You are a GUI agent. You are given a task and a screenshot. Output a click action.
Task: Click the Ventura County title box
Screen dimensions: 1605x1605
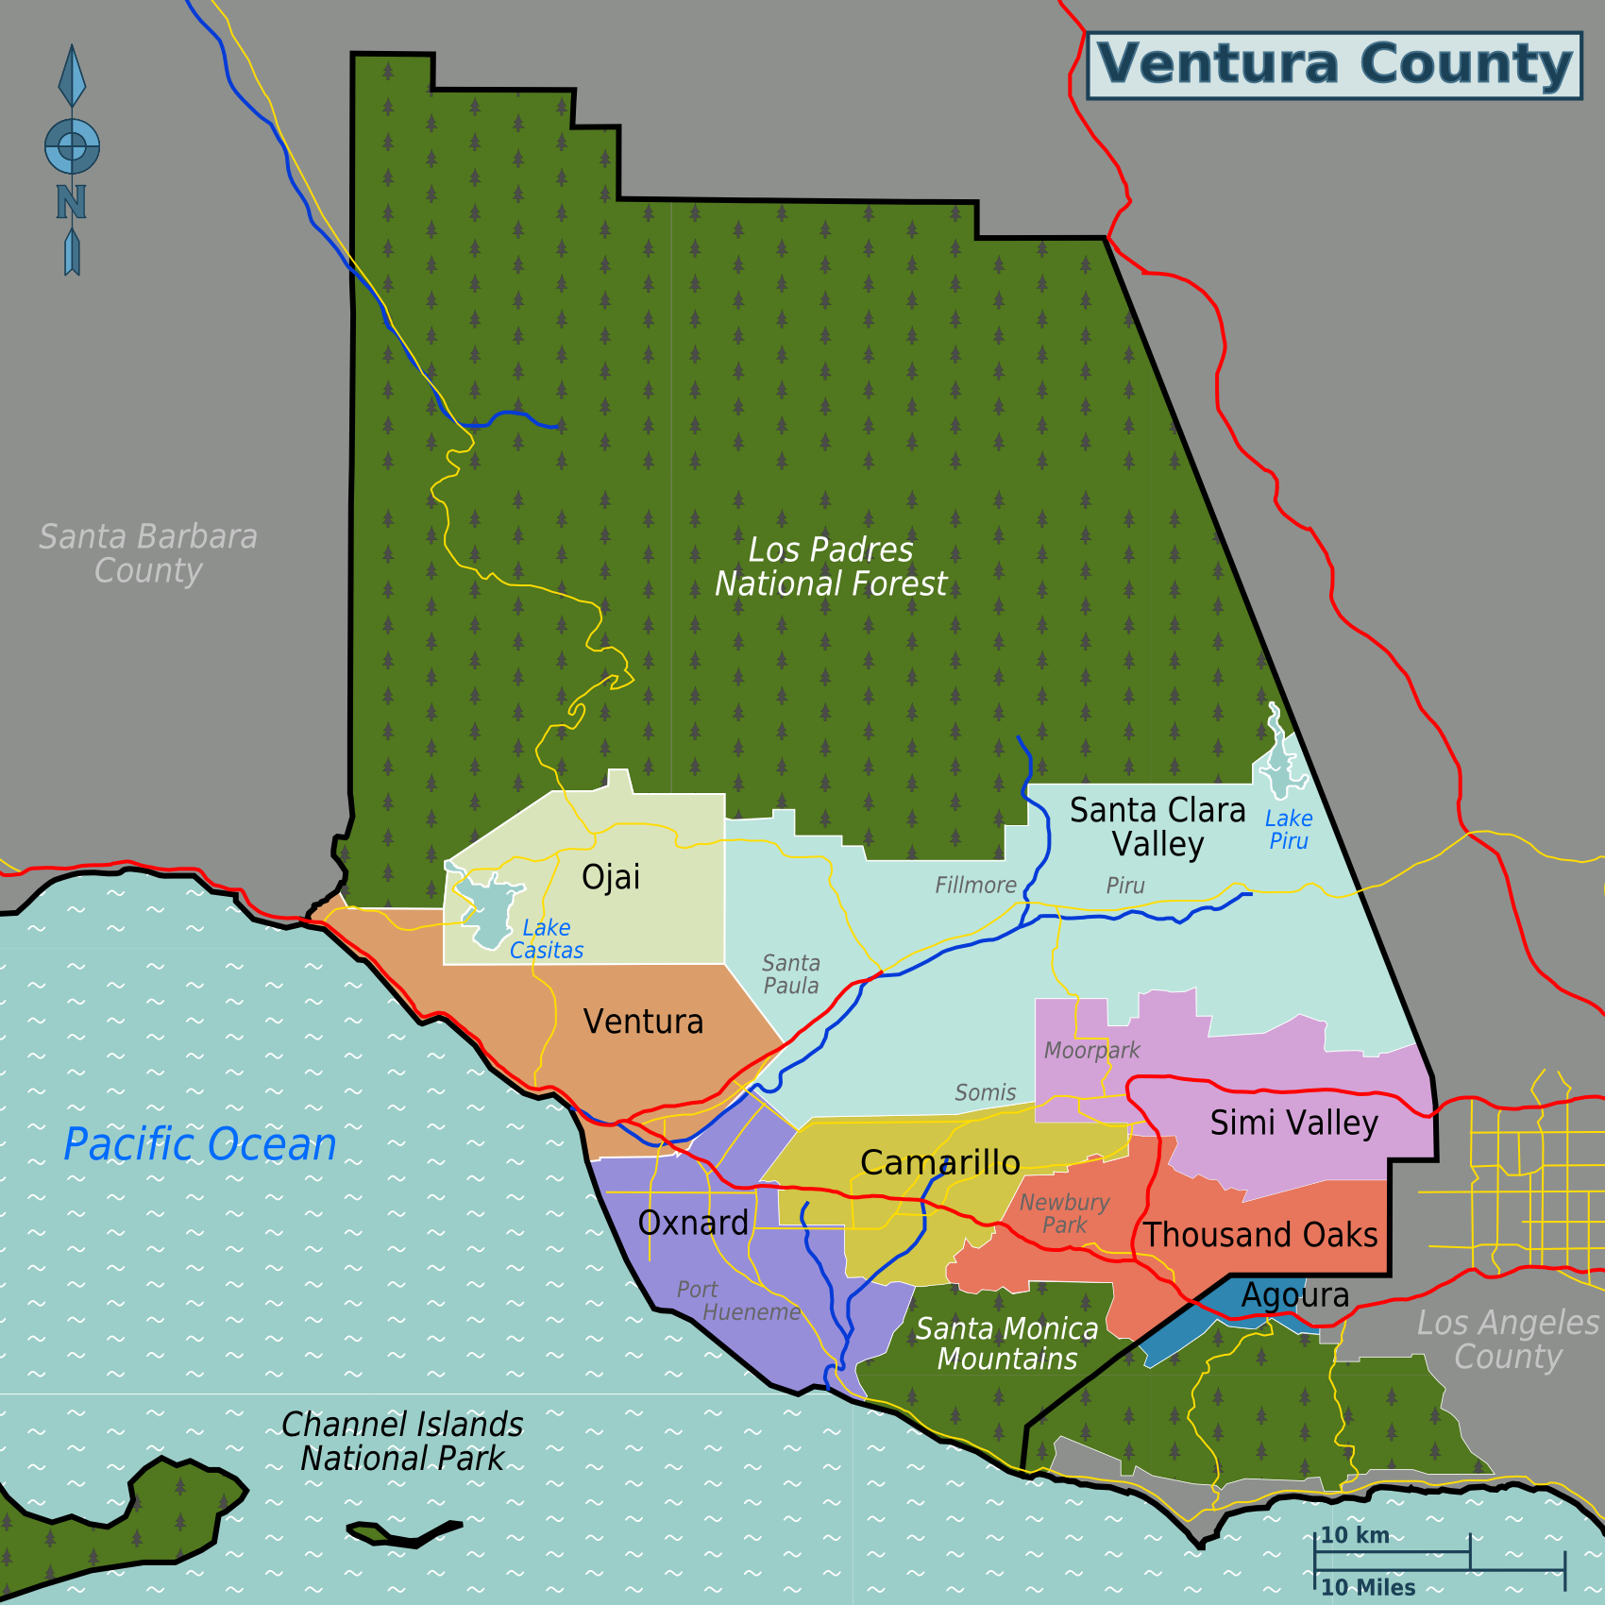coord(1333,65)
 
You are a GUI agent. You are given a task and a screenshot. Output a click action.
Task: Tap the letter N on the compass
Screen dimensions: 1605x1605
coord(71,202)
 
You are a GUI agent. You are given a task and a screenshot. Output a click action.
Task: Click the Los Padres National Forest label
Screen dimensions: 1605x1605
coord(830,566)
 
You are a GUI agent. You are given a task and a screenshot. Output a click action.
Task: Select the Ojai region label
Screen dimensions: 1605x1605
coord(611,877)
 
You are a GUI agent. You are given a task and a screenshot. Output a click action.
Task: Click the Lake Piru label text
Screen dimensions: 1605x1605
coord(1288,830)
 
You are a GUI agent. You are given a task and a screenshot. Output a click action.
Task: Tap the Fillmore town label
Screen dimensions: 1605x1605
coord(975,886)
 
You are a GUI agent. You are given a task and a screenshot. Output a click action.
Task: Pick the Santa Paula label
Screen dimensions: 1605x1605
coord(791,974)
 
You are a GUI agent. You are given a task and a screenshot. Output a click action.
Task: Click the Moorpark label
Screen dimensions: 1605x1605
coord(1091,1051)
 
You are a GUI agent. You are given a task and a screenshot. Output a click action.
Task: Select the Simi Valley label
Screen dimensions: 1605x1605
coord(1293,1123)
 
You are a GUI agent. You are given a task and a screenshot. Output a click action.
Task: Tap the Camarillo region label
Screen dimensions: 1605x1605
coord(939,1162)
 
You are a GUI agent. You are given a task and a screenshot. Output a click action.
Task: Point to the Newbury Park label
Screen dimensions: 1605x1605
coord(1064,1214)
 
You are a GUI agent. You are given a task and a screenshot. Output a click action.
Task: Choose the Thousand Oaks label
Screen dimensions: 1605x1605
coord(1260,1235)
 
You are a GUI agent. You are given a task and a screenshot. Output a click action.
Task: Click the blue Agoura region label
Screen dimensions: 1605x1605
coord(1294,1295)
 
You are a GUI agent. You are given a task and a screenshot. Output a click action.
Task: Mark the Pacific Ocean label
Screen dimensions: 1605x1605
coord(200,1144)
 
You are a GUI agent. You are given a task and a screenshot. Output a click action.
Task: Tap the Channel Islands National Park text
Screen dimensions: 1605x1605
coord(402,1441)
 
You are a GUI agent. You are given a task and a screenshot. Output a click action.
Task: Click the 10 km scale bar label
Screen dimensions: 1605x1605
coord(1354,1535)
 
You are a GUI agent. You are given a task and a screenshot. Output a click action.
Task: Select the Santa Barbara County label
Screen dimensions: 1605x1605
coord(148,553)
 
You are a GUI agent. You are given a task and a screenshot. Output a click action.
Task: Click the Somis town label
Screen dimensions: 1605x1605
coord(985,1093)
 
